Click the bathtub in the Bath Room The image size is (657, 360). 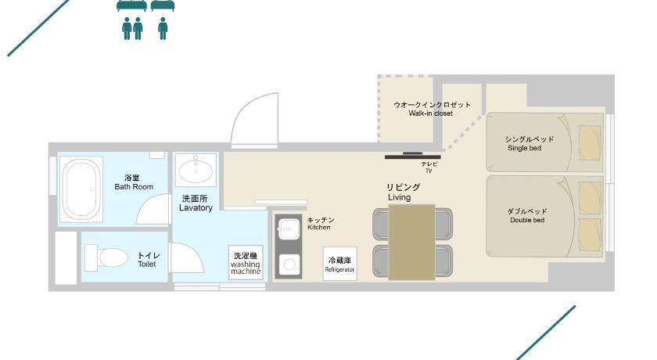(x=81, y=189)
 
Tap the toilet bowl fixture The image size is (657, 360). (x=106, y=257)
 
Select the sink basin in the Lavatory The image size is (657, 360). (x=196, y=170)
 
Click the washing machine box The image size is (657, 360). (x=246, y=262)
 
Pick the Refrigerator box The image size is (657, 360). (x=339, y=264)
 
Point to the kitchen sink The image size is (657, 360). (x=288, y=229)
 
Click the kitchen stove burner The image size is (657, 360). (x=289, y=265)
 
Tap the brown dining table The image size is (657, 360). (x=412, y=243)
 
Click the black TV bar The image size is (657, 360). (x=413, y=157)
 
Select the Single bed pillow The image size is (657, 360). (x=590, y=142)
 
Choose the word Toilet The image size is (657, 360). (x=147, y=264)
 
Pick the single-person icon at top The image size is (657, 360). (x=163, y=28)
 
